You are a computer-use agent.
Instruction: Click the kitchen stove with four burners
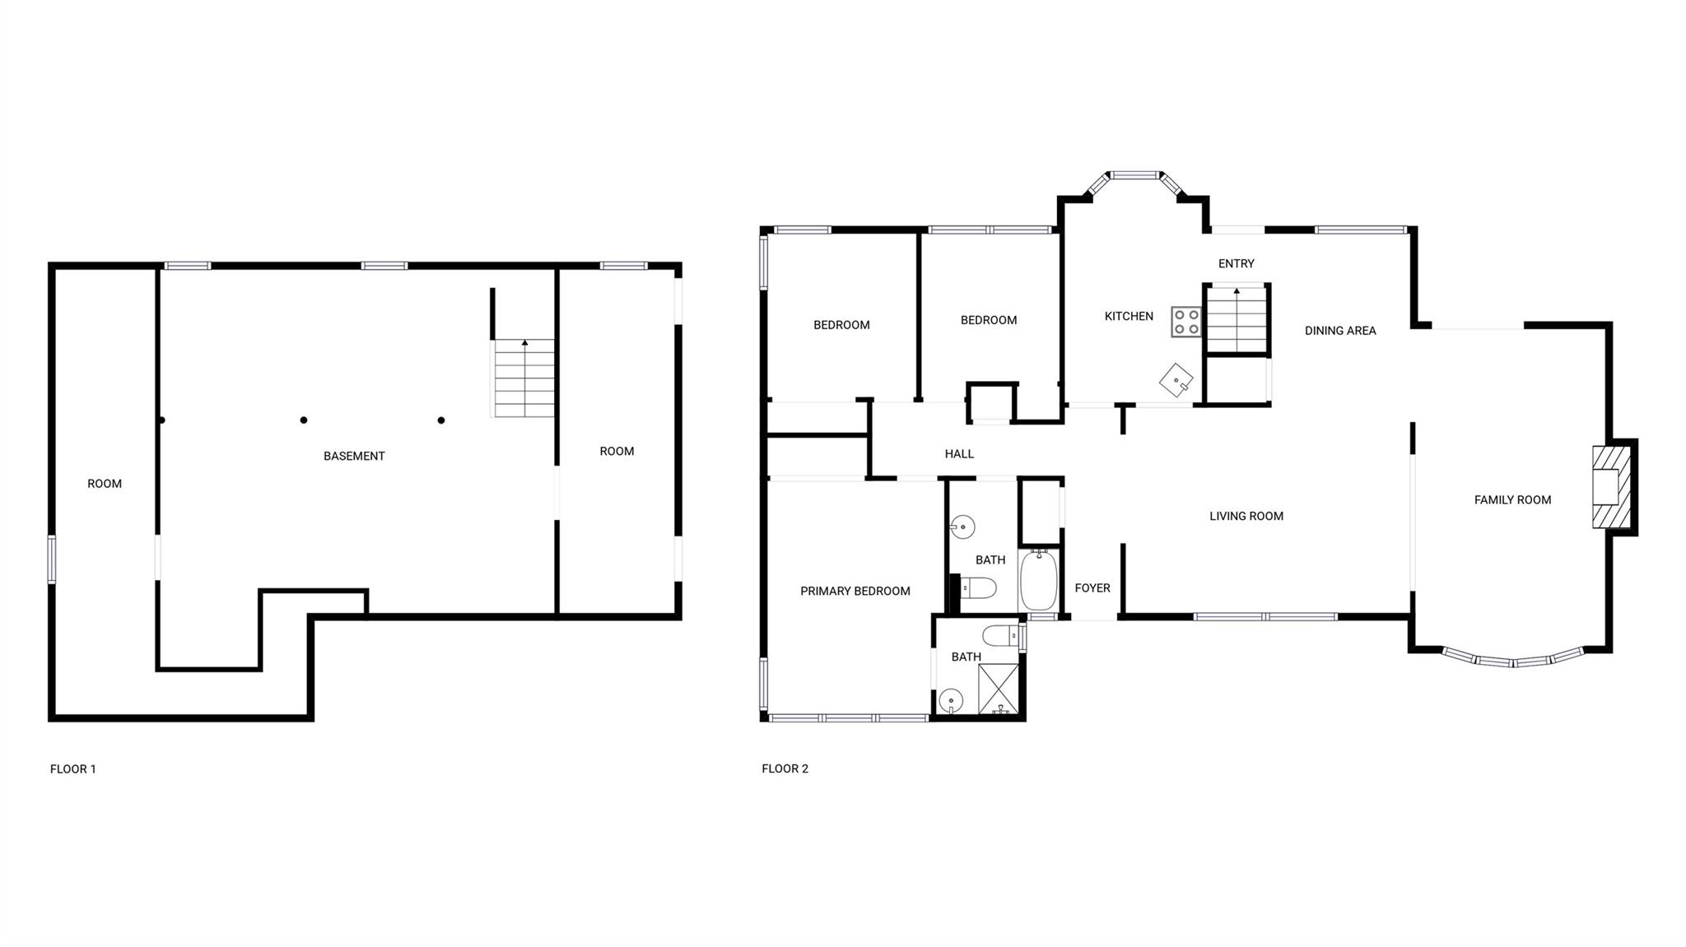(x=1186, y=322)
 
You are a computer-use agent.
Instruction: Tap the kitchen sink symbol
(x=1176, y=380)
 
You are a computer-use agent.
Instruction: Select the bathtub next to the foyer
(x=1039, y=580)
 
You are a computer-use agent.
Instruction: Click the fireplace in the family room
(x=1610, y=486)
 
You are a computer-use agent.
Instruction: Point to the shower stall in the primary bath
(x=999, y=688)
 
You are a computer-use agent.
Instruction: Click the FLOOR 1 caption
(x=73, y=769)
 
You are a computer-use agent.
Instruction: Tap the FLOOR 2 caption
(x=785, y=768)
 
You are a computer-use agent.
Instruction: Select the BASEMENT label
(x=354, y=456)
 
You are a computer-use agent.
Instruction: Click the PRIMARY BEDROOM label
(x=855, y=591)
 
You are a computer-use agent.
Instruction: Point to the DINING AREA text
(x=1340, y=331)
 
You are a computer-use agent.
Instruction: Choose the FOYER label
(x=1092, y=587)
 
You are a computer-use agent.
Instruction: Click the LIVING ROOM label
(x=1246, y=516)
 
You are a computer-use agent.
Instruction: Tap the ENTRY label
(x=1237, y=263)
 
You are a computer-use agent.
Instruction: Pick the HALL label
(x=959, y=453)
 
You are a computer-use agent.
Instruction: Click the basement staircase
(x=524, y=378)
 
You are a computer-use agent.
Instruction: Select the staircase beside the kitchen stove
(x=1236, y=319)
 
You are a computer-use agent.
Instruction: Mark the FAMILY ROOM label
(x=1512, y=499)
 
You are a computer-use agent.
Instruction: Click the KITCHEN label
(x=1129, y=316)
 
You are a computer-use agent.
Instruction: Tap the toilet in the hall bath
(x=979, y=587)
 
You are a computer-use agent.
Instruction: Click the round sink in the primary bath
(x=951, y=701)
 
